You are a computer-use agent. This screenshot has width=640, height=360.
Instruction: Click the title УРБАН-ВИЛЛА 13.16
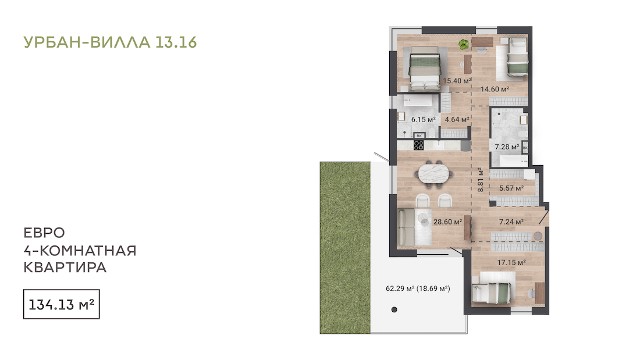click(110, 42)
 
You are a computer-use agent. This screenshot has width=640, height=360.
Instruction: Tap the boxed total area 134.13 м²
click(61, 305)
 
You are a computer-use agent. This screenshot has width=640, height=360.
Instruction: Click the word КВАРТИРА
click(65, 268)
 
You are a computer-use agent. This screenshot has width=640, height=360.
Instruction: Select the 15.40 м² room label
click(457, 81)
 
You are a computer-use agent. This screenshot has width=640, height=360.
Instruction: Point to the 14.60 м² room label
click(495, 89)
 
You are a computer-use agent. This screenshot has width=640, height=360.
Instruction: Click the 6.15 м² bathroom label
click(423, 120)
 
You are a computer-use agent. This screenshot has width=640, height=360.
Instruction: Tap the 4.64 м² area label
click(457, 120)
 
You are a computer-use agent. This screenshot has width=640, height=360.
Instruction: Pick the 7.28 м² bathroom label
click(507, 147)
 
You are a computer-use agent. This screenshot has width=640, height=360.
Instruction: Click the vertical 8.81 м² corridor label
click(481, 180)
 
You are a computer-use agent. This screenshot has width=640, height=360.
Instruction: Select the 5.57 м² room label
click(511, 188)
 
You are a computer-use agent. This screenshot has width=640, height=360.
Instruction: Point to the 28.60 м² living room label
click(448, 222)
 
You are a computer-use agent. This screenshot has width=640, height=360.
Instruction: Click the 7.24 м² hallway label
click(511, 222)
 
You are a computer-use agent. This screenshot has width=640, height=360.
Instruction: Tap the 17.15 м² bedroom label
click(511, 262)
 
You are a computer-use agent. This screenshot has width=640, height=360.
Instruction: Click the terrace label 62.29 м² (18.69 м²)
click(418, 288)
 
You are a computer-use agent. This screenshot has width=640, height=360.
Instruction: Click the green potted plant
click(464, 44)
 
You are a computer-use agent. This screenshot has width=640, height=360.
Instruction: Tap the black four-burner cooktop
click(418, 145)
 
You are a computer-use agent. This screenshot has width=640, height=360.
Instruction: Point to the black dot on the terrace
click(394, 310)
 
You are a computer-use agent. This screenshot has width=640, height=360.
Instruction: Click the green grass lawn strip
click(345, 248)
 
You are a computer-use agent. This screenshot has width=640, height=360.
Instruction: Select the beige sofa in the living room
click(406, 227)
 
